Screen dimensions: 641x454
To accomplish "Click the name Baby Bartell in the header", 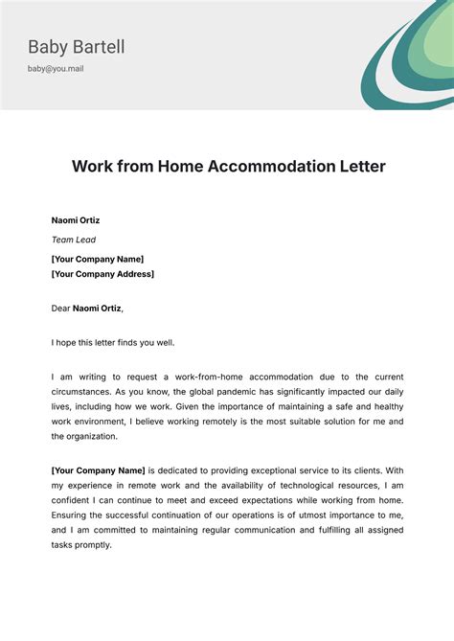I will (x=77, y=47).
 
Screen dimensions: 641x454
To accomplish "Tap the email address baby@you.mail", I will (x=56, y=69).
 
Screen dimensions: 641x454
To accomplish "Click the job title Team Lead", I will (x=74, y=240).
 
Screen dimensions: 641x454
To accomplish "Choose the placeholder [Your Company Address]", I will (x=102, y=274).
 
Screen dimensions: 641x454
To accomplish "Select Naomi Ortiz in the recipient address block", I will (x=76, y=220).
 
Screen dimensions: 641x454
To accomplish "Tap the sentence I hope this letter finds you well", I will (x=113, y=342).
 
